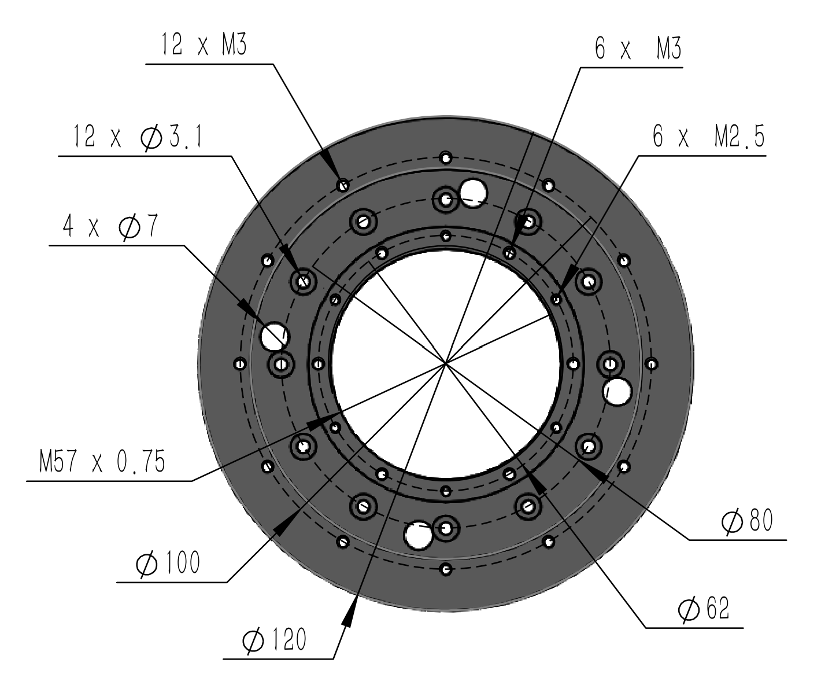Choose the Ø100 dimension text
tap(167, 563)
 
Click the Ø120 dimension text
tap(273, 641)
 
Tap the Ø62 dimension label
tap(704, 610)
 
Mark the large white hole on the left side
tap(274, 336)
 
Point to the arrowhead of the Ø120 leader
tap(350, 614)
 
